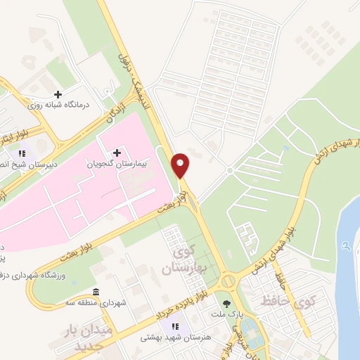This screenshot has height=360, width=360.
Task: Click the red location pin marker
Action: click(x=181, y=164)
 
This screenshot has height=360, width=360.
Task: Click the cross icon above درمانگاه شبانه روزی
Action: click(x=58, y=94)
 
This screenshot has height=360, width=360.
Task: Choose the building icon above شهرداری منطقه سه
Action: click(x=96, y=292)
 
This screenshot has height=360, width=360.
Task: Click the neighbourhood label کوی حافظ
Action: click(x=290, y=303)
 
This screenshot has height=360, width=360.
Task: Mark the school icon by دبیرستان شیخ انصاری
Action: click(x=24, y=153)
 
